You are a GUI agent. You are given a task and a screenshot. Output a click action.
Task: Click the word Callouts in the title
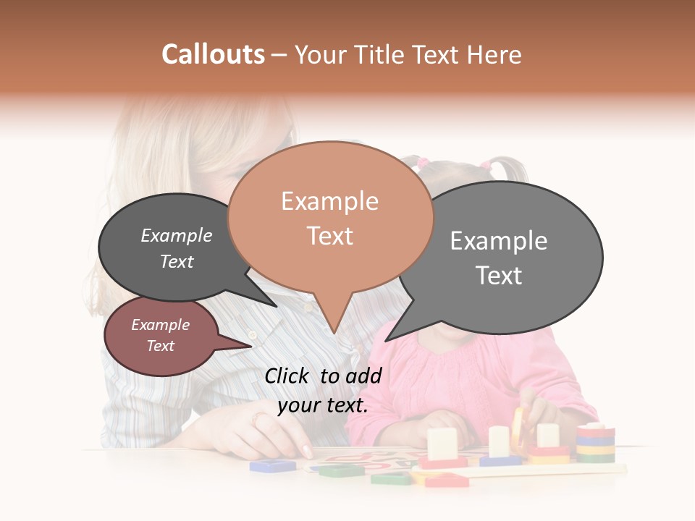(213, 54)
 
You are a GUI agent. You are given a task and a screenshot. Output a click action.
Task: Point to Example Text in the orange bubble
(330, 219)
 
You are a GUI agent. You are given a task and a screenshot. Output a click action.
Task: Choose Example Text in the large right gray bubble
(499, 258)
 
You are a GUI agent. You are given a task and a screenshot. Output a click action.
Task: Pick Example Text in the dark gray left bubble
(177, 248)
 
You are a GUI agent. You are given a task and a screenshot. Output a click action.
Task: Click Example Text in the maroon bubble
(161, 335)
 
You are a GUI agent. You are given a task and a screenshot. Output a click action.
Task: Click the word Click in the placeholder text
(288, 376)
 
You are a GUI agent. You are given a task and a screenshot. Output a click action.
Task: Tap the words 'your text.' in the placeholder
(323, 405)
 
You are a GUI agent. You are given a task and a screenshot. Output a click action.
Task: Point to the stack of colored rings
(595, 442)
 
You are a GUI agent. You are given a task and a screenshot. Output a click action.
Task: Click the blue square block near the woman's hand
(272, 465)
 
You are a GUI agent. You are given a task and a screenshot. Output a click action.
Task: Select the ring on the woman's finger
(261, 419)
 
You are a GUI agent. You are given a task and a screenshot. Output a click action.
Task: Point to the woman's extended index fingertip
(308, 453)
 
